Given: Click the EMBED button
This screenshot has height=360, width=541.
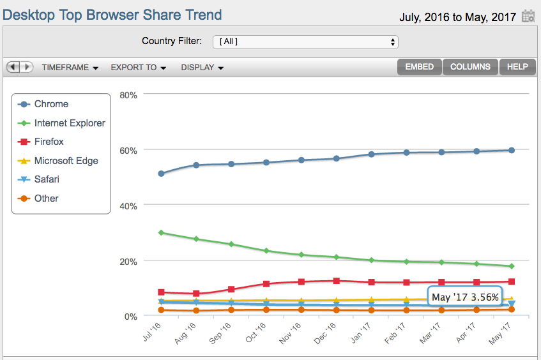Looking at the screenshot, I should (x=419, y=67).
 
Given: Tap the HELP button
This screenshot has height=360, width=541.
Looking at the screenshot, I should (x=517, y=67).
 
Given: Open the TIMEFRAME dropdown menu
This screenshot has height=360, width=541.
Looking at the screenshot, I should (x=70, y=68).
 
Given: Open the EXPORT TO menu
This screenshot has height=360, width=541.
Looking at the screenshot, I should (x=138, y=68).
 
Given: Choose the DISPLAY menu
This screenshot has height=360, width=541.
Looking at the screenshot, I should (x=202, y=68).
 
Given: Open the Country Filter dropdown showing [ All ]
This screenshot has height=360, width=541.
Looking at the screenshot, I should (x=305, y=42).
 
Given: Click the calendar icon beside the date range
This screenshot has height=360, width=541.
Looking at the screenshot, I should (x=528, y=17).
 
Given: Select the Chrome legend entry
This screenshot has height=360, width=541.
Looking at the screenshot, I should (x=51, y=104).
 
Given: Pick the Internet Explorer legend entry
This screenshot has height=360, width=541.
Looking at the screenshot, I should (x=69, y=123).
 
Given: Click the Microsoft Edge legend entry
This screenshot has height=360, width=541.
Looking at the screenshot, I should (x=66, y=161).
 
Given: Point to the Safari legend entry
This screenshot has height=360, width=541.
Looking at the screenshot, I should (x=47, y=179).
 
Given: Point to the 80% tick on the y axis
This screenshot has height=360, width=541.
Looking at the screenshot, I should (x=128, y=95).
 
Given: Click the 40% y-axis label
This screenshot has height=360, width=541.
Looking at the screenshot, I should (x=128, y=206).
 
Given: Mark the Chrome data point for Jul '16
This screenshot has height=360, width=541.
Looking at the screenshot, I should (x=162, y=174).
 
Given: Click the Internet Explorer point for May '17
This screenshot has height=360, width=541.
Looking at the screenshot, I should (x=512, y=266).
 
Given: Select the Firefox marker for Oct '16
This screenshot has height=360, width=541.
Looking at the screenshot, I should (x=266, y=284).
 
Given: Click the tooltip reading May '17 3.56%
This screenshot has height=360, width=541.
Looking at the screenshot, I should (x=464, y=297).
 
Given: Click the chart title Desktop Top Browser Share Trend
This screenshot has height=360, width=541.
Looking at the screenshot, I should (x=112, y=15).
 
